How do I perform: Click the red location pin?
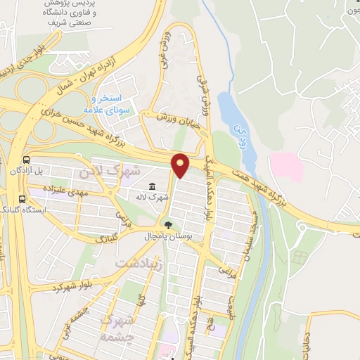(x=181, y=165)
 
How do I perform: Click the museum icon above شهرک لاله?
(x=153, y=186)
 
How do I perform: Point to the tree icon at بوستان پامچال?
(x=169, y=224)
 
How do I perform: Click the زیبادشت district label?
(x=138, y=266)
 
